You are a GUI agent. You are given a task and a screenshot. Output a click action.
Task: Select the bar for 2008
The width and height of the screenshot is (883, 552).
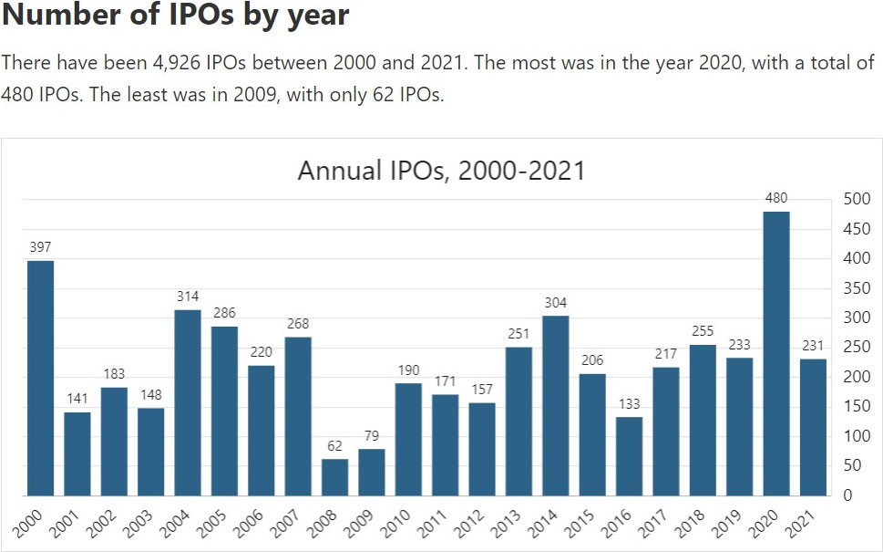334,477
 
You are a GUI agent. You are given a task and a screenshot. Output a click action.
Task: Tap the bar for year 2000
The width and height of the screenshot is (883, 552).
40,379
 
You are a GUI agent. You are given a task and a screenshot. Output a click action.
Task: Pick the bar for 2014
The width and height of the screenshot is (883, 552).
556,406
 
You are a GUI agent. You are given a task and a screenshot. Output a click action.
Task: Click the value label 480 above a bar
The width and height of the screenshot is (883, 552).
776,198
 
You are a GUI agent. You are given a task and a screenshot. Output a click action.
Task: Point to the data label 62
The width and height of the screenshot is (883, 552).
334,446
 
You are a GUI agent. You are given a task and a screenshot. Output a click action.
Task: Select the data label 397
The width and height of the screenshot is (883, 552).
40,247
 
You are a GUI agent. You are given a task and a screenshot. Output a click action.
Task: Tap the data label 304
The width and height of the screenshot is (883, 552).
556,303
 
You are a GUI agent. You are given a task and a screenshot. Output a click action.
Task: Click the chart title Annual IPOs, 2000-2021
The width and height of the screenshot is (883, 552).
441,171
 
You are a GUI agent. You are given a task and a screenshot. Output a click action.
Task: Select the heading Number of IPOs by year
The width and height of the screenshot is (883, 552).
176,16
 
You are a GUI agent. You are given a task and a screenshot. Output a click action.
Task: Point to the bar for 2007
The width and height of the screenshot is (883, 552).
298,416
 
